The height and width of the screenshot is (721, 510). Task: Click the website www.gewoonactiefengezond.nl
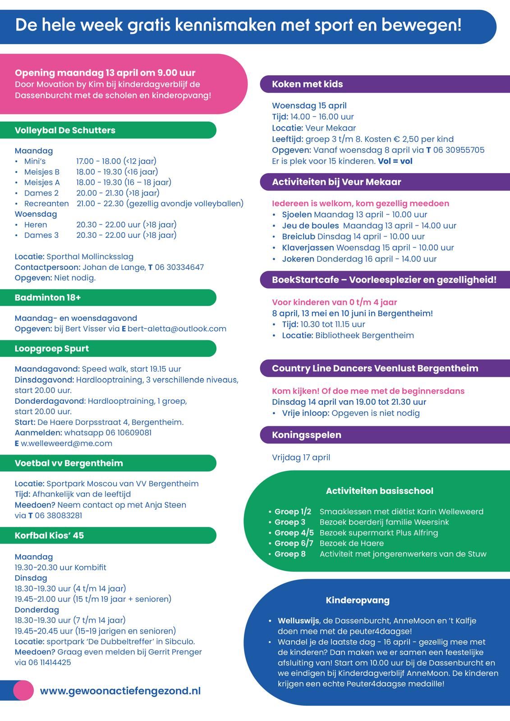pos(120,691)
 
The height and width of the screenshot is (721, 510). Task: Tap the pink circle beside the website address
pos(23,690)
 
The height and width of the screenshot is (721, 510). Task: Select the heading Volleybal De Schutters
pos(65,130)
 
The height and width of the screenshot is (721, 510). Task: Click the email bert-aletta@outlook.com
pos(177,329)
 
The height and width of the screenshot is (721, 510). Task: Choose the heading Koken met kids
pos(307,84)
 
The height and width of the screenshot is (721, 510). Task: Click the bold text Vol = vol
pos(395,161)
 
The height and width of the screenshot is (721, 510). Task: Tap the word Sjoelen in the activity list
pos(297,214)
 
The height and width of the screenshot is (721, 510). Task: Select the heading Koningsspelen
pos(307,435)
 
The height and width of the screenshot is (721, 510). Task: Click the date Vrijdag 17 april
pos(301,457)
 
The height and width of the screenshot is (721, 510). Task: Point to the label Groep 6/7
pos(294,543)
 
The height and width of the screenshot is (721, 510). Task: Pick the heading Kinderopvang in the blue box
pos(358,600)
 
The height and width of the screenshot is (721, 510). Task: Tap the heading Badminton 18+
pos(48,297)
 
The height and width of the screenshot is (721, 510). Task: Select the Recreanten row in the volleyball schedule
pos(46,204)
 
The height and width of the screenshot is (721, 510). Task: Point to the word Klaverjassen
pos(308,247)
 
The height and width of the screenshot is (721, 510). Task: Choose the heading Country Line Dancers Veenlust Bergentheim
pos(375,368)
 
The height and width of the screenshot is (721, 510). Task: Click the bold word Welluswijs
pos(299,621)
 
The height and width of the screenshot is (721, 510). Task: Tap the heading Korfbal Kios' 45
pos(49,535)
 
